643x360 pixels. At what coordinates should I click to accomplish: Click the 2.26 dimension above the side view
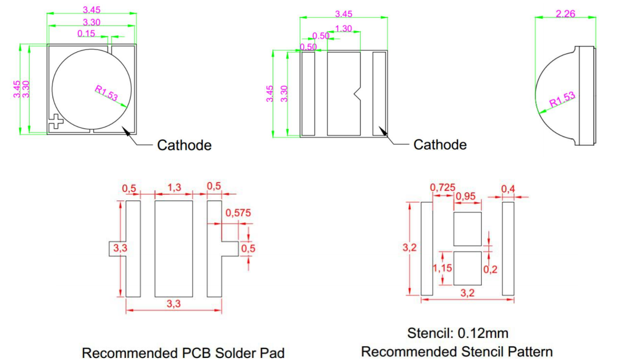point(565,14)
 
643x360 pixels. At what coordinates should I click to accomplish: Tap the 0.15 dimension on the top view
point(86,33)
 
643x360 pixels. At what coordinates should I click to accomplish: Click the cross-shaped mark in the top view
point(55,122)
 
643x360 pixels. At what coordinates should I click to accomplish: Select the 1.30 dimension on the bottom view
point(343,29)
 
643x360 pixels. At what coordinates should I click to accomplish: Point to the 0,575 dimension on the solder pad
point(238,213)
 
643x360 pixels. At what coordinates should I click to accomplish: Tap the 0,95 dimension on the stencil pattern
point(465,196)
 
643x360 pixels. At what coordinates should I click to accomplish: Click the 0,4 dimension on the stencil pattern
point(508,189)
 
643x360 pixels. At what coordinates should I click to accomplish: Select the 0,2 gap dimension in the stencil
point(490,269)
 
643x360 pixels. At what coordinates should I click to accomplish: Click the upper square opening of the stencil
point(468,229)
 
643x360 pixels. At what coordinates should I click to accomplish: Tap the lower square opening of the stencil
point(468,268)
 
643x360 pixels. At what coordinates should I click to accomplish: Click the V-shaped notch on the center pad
point(357,94)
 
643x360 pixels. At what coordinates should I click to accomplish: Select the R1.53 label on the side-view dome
point(562,99)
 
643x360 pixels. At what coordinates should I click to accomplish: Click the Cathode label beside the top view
point(184,145)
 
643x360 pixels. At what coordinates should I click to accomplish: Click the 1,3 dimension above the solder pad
point(174,188)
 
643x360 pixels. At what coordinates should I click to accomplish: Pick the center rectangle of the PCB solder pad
point(174,249)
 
